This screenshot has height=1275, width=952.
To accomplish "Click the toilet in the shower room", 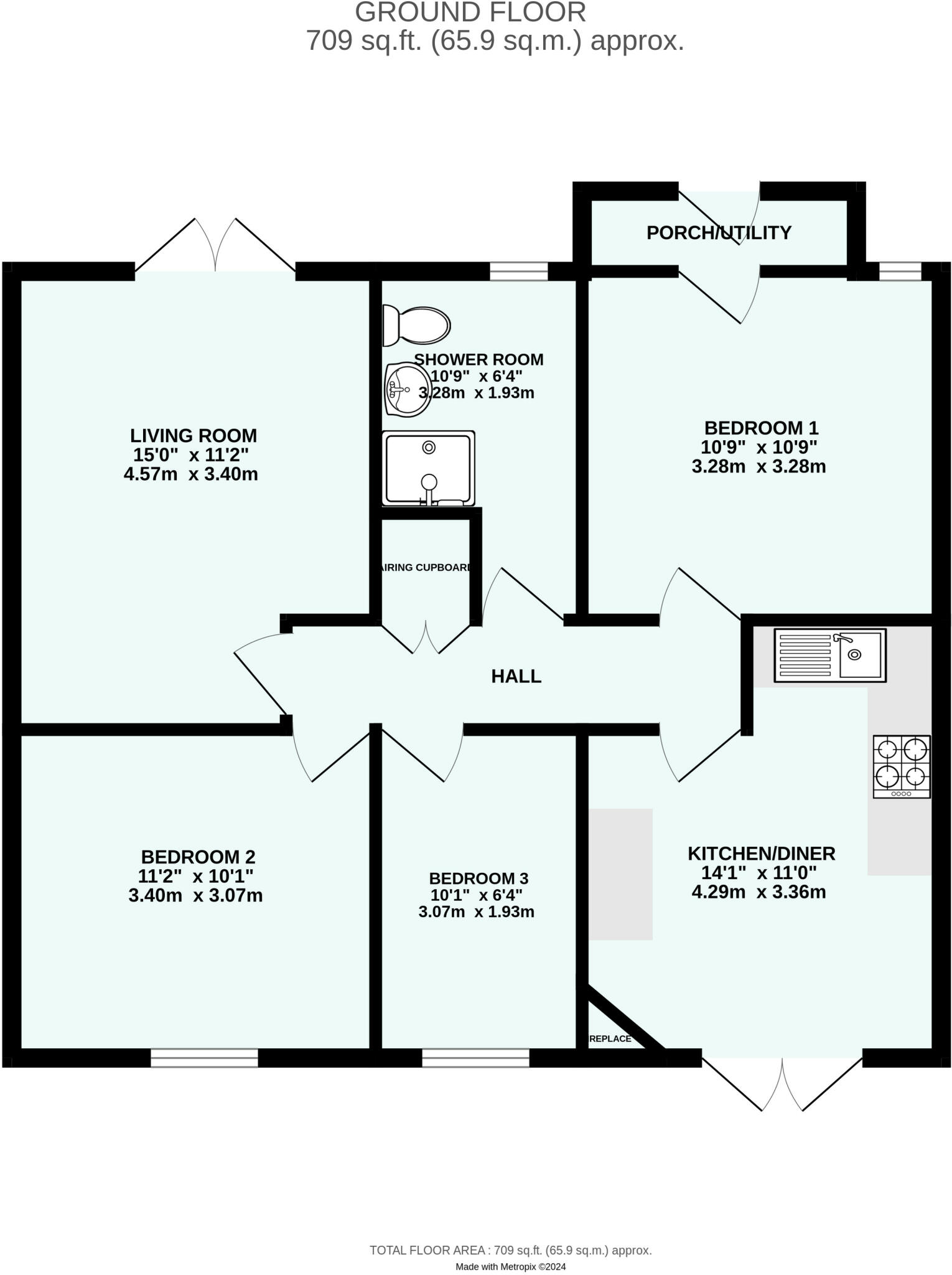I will click(x=416, y=325).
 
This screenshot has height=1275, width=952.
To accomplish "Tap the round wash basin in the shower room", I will click(x=408, y=390).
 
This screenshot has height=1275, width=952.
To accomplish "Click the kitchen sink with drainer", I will click(x=830, y=655).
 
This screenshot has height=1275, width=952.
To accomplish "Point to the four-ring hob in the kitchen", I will click(x=902, y=766).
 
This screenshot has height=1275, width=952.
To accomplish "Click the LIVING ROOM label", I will click(x=193, y=435).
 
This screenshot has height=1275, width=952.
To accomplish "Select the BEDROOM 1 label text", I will click(x=761, y=428).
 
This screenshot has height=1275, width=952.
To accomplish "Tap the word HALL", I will click(x=516, y=676).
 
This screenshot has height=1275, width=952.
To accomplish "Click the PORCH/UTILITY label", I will click(x=719, y=233).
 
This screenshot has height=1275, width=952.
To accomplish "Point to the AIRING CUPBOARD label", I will click(x=426, y=568).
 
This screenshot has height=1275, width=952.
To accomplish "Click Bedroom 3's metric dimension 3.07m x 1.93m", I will click(x=476, y=912).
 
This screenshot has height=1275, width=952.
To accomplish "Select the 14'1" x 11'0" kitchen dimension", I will click(x=760, y=873).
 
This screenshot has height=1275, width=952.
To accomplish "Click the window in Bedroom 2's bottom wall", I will click(x=204, y=1058).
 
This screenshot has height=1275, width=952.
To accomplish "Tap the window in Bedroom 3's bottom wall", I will click(x=475, y=1058).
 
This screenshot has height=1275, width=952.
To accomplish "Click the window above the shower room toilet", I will click(x=518, y=271).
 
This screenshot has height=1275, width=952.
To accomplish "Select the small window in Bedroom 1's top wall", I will click(x=899, y=271).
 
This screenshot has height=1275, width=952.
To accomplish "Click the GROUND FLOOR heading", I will click(x=470, y=12).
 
